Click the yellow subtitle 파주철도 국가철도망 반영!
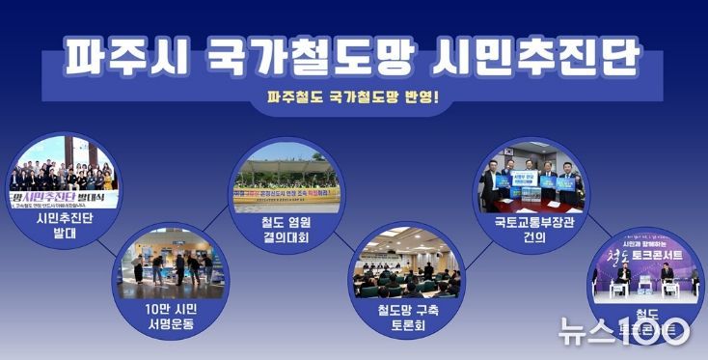(x=353, y=97)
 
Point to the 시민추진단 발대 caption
(x=62, y=224)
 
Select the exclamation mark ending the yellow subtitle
(x=435, y=97)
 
